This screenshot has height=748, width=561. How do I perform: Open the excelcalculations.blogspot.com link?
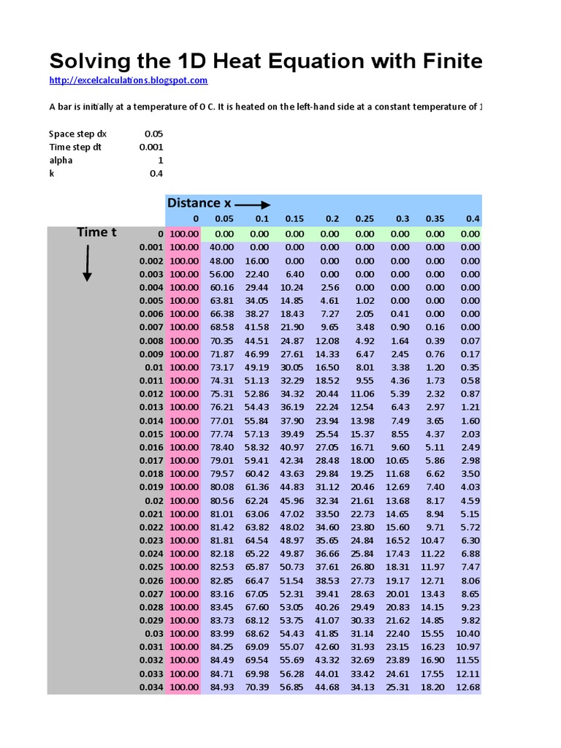point(129,80)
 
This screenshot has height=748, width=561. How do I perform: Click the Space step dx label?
point(77,134)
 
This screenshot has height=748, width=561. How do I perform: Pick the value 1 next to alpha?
point(160,160)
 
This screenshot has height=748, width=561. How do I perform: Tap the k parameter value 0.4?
point(156,174)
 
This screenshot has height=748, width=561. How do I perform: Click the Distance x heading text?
point(194,203)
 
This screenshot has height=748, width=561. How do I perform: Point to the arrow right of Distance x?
point(253,205)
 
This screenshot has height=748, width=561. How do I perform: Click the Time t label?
point(96,232)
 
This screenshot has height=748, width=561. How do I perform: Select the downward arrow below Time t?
point(87,263)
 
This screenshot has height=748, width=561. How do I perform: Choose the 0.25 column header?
point(364,219)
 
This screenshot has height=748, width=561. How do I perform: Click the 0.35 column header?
point(434,219)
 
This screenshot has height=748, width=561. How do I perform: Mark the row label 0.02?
point(154,500)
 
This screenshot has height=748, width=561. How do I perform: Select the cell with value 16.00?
point(256,261)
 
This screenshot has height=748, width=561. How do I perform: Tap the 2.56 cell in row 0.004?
point(329,287)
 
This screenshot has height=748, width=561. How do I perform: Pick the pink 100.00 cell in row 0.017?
point(183,460)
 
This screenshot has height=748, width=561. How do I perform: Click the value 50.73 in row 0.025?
point(291,567)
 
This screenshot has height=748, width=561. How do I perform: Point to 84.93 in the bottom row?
point(221,687)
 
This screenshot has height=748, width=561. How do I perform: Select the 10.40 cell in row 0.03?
point(467,633)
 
